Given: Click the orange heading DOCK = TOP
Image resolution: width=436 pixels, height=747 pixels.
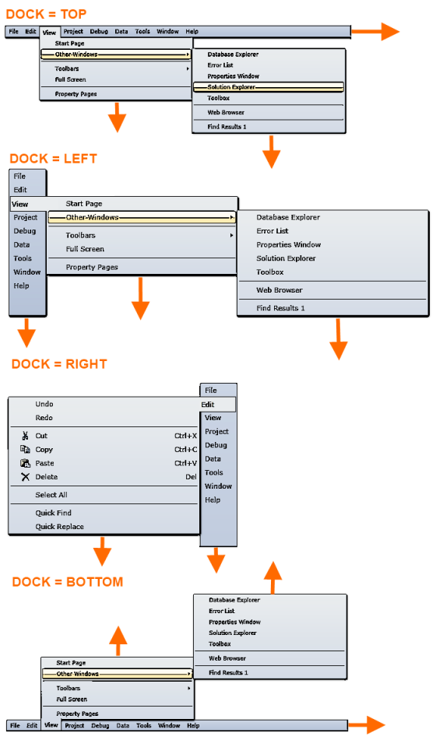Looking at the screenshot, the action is pos(46,14).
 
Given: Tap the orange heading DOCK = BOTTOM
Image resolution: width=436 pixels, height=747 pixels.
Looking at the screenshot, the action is pos(68,582).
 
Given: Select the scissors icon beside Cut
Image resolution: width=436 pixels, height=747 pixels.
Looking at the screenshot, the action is pos(25,436).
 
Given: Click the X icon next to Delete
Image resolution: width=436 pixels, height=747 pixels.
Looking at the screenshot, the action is pos(25,477).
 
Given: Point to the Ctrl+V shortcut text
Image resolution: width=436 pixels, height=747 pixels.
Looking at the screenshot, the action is pos(185,463).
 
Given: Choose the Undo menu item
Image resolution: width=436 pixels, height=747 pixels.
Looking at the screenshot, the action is pos(44,404).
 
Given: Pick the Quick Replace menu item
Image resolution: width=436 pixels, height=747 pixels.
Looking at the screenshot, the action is pos(60,527).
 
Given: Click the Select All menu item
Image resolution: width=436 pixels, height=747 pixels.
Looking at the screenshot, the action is pos(51,495).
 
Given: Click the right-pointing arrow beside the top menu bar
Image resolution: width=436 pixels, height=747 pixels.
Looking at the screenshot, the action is pos(375,31).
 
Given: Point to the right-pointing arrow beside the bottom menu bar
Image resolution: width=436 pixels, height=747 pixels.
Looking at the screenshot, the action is pos(367,725).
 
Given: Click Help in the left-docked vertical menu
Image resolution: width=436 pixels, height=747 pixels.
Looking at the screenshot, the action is pos(22,286).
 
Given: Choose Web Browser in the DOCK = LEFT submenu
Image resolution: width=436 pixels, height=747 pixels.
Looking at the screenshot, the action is pos(280,290).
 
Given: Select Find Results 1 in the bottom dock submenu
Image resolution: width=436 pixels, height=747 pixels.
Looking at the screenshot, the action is pos(228,672).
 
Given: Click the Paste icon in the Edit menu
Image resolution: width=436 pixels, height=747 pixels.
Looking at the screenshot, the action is pos(25,463).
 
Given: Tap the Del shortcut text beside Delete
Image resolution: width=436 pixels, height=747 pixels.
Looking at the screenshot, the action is pos(191,477).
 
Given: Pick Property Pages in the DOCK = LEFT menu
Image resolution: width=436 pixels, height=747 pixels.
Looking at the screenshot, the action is pos(92,267).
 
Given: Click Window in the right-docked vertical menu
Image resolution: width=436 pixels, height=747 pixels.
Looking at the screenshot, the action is pos(218,486).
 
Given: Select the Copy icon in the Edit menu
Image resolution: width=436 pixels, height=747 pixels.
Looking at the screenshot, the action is pos(25,449).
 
